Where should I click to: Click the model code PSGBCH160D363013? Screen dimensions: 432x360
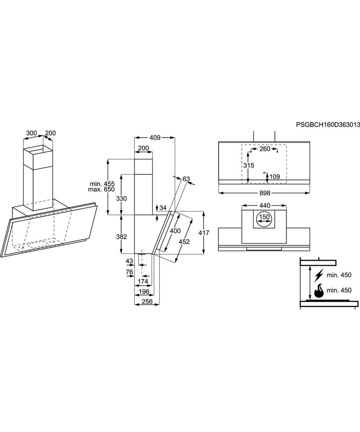pos(328,125)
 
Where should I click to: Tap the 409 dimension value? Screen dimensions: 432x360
pos(155,138)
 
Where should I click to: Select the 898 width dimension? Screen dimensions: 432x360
pos(264,193)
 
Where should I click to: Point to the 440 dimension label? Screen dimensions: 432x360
pos(264,206)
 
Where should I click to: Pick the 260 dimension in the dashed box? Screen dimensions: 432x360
pos(265,149)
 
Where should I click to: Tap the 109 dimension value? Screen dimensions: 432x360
pos(274,176)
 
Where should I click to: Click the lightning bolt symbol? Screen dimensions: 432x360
pos(319,275)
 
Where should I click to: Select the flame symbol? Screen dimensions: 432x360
pos(319,291)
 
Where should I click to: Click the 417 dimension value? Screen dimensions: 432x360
pos(204,233)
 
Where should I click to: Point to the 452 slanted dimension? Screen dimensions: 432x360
pos(184,242)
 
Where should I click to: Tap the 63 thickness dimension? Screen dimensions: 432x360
pos(186,179)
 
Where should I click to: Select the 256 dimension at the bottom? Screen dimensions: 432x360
pos(147,301)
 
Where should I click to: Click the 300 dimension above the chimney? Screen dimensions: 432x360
pos(32,133)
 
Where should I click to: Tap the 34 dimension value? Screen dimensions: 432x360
pos(163,208)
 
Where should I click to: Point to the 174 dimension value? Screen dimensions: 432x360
pos(143,281)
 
